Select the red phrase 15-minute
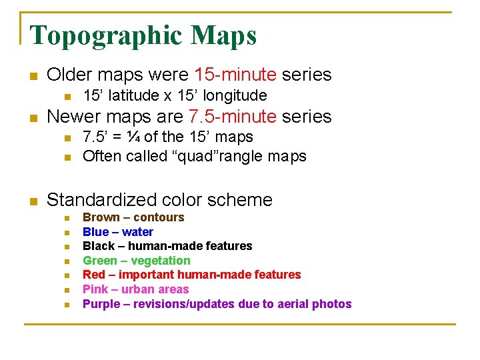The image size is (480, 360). coord(235,75)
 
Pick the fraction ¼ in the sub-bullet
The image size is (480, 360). coord(133,137)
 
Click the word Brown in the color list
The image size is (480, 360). coord(101,217)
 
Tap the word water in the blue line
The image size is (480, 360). coord(137,232)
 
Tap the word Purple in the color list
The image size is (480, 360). coord(101,304)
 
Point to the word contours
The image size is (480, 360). coord(159,217)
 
